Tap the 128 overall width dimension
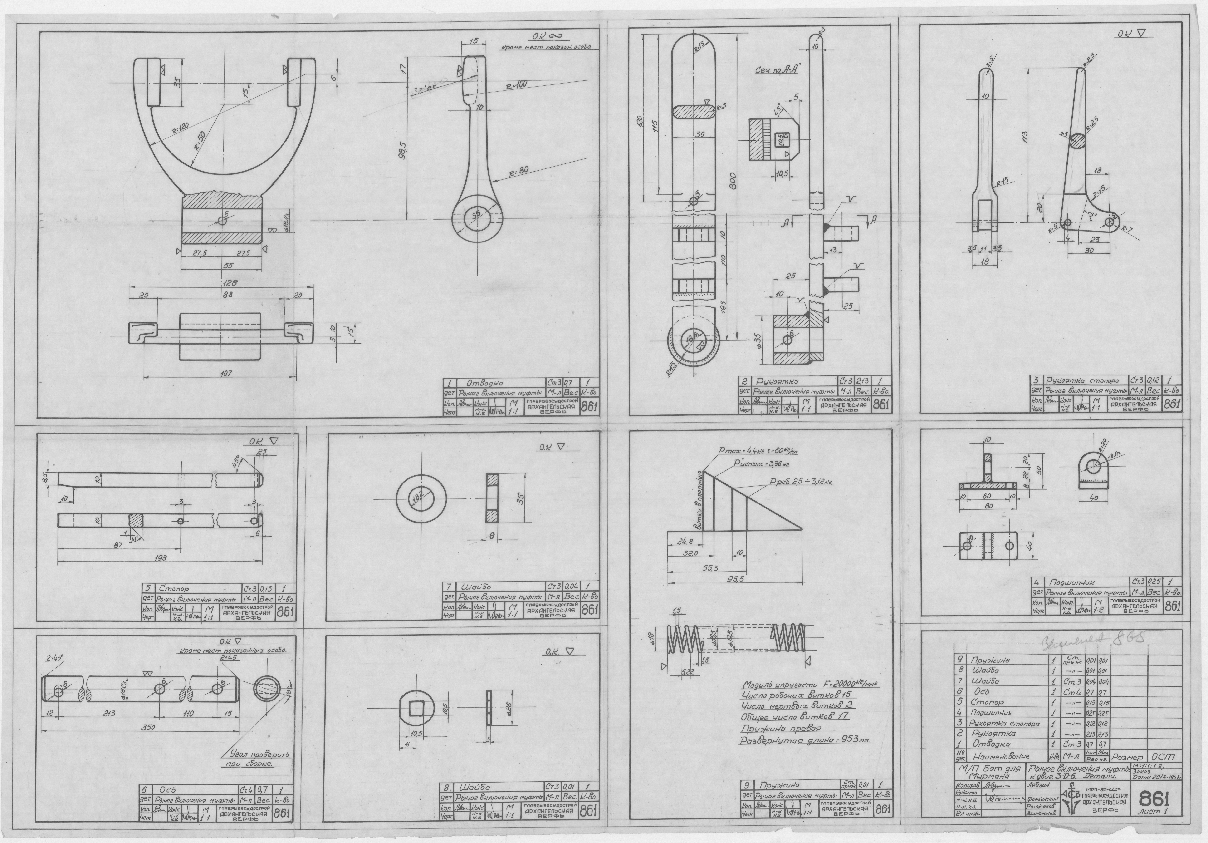[230, 283]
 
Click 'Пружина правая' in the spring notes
[781, 729]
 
